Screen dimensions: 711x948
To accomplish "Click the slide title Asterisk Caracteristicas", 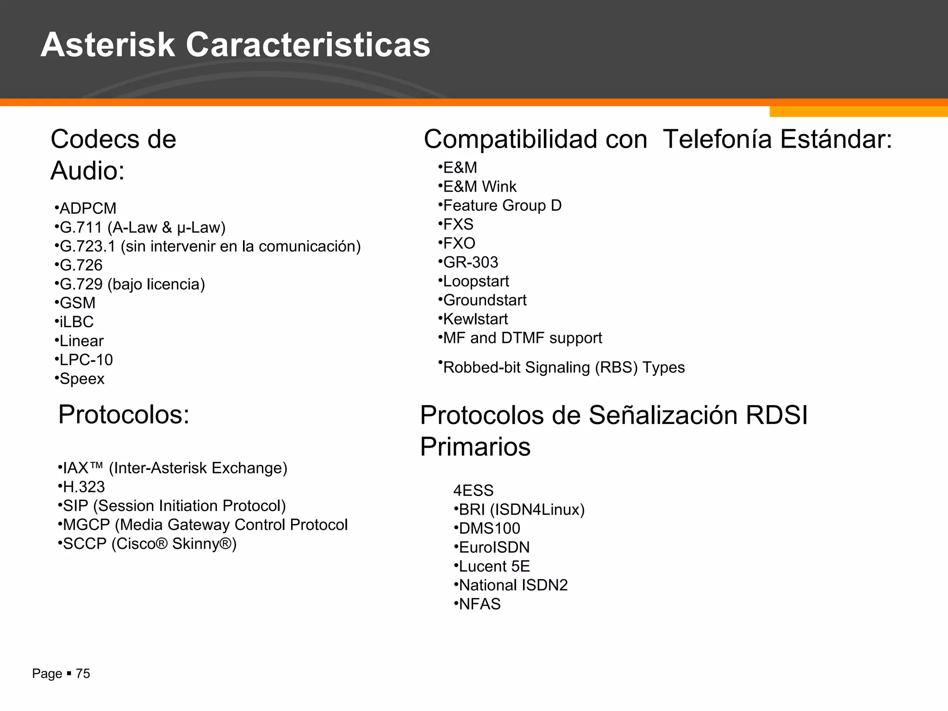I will coord(235,45).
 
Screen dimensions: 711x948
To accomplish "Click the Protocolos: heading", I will coord(124,414).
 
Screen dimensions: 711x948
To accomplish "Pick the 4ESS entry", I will coord(473,490).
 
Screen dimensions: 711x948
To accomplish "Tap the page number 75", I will coord(83,674).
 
